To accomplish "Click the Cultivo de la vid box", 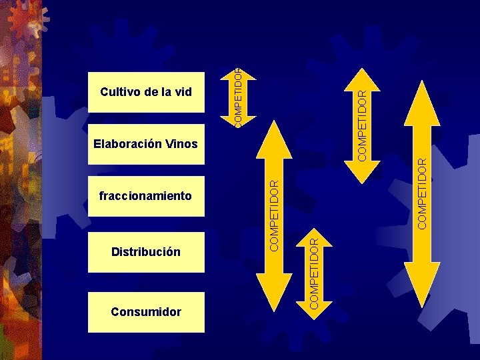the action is coord(146,91).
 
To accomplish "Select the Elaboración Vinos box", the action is coord(146,143).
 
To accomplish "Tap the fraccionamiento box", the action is coord(146,196).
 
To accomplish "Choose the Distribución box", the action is coord(146,252).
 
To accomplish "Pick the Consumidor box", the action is coord(146,311).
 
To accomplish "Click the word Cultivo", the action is coord(120,91).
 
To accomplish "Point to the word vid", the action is coord(183,91).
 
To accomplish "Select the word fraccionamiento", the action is coord(145,196).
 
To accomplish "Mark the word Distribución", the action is coord(146,252).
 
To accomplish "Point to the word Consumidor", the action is coord(146,311).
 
